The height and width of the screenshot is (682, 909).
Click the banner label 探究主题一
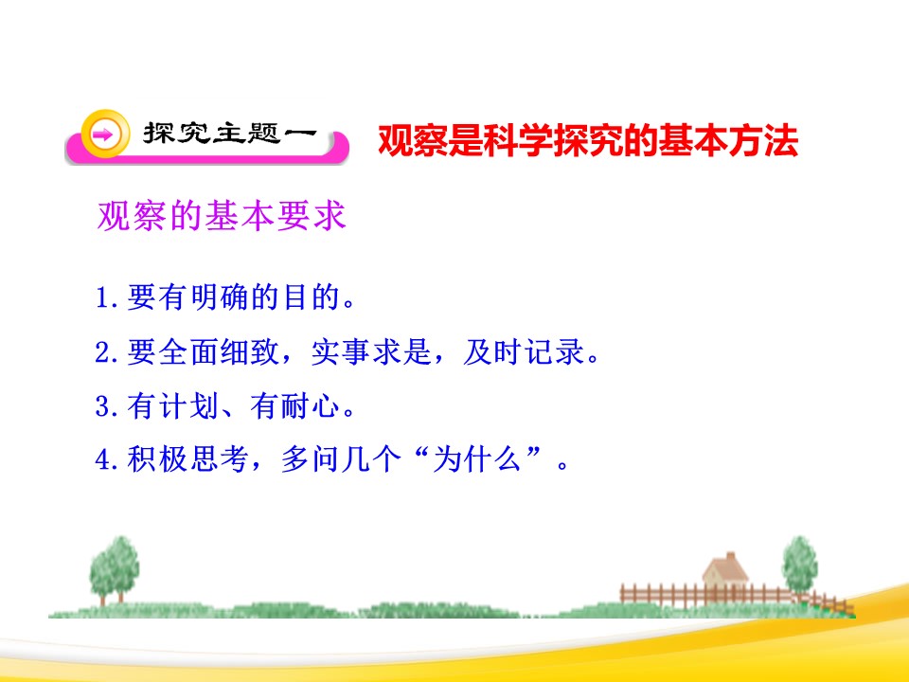[227, 135]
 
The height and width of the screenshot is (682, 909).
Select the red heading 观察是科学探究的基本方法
[588, 141]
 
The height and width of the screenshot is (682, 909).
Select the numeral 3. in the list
[108, 408]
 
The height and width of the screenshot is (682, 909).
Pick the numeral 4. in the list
[108, 462]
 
